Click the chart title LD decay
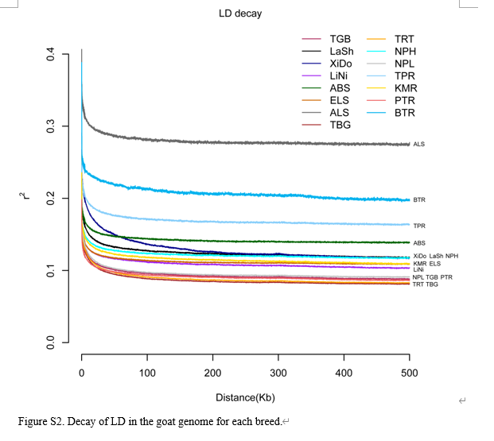click(239, 14)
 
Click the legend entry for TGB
click(340, 39)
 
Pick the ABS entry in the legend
click(340, 88)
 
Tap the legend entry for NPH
click(405, 51)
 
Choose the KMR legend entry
click(406, 88)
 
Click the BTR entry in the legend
click(405, 113)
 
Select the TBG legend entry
click(340, 125)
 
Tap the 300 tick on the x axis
click(278, 372)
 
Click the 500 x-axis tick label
click(409, 372)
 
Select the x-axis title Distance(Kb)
click(245, 397)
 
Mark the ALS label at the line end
click(418, 145)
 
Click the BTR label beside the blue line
click(418, 200)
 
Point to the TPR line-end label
click(418, 226)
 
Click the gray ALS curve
click(239, 142)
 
